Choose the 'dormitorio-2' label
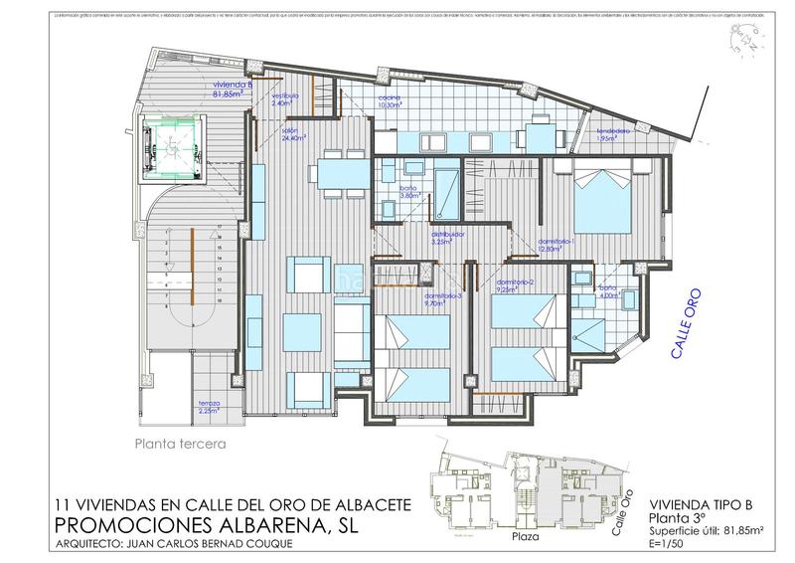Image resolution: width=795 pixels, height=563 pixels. pyautogui.click(x=515, y=285)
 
